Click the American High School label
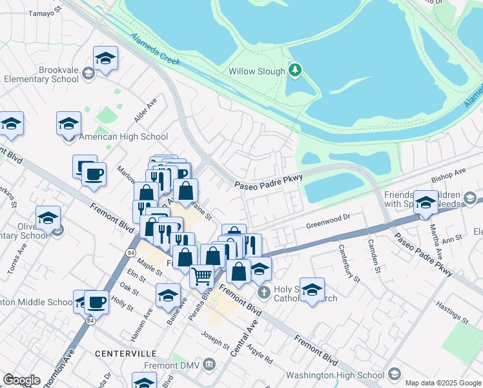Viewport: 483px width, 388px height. [123, 136]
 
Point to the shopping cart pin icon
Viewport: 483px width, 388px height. [201, 277]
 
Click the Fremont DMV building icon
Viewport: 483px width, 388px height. [209, 365]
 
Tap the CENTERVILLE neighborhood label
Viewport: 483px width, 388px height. [125, 354]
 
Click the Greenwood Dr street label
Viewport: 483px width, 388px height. [327, 222]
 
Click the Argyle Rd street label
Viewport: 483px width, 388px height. [260, 349]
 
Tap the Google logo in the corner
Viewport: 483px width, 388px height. [21, 380]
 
